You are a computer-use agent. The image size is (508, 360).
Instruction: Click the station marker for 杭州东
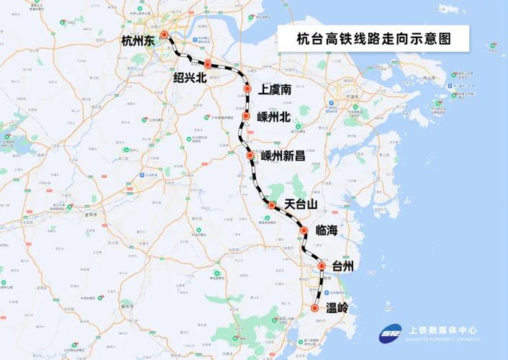pyautogui.click(x=164, y=35)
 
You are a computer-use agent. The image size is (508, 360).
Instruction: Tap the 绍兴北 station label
pyautogui.click(x=190, y=77)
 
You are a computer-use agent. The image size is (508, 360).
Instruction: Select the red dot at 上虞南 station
pyautogui.click(x=248, y=89)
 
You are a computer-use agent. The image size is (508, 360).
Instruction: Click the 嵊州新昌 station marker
pyautogui.click(x=250, y=156)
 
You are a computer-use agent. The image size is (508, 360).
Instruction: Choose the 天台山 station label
pyautogui.click(x=301, y=205)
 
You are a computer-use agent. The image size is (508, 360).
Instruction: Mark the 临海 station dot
pyautogui.click(x=304, y=230)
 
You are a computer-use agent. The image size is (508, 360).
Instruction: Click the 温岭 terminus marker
pyautogui.click(x=315, y=308)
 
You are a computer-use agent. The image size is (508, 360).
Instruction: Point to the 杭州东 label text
pyautogui.click(x=138, y=41)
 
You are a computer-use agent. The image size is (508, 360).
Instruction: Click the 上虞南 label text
pyautogui.click(x=275, y=90)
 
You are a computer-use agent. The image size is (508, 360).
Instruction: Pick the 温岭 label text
pyautogui.click(x=336, y=309)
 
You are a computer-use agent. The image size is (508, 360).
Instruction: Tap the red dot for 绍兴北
pyautogui.click(x=208, y=65)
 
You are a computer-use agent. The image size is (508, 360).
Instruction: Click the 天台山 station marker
pyautogui.click(x=271, y=206)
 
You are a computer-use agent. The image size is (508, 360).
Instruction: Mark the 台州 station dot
pyautogui.click(x=322, y=266)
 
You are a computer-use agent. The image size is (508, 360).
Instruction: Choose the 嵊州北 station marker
pyautogui.click(x=246, y=116)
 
